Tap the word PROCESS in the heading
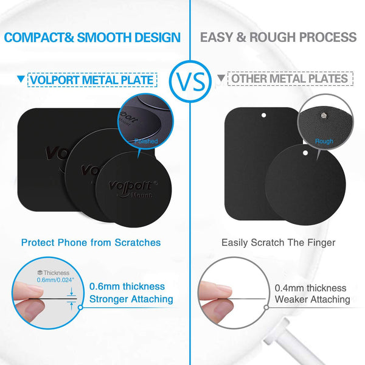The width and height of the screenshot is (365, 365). coord(326,38)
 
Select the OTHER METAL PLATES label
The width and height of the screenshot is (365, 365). coord(289,79)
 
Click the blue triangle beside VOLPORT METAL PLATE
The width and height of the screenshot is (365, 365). coord(22,79)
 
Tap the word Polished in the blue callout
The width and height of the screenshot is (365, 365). coord(146,141)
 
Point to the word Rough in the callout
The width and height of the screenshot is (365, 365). coord(324,141)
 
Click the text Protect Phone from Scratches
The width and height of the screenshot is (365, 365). coord(91,242)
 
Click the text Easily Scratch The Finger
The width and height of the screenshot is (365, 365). coord(279,242)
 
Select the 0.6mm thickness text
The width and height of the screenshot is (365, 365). coord(127,287)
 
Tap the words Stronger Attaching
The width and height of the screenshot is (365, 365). coord(131,299)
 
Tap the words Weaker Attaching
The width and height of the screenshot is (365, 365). coord(312,299)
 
